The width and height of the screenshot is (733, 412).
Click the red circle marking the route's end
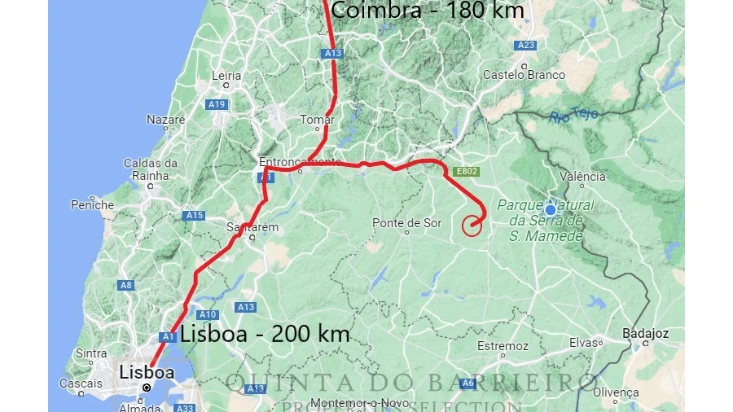click(x=472, y=226)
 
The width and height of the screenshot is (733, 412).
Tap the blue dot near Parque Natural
click(x=550, y=208)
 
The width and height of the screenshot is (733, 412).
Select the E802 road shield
click(x=467, y=172)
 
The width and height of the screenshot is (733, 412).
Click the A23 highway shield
click(x=526, y=46)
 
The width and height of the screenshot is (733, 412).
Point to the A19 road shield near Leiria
click(x=216, y=104)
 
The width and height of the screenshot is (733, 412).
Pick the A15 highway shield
click(x=194, y=216)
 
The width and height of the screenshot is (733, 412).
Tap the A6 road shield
click(x=467, y=383)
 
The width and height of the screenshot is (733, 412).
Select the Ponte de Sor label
click(x=406, y=222)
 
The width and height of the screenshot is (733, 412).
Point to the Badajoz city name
click(x=645, y=333)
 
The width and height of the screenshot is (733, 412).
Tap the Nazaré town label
click(x=166, y=120)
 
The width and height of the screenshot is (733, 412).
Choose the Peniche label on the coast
click(x=92, y=205)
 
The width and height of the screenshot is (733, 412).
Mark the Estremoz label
click(x=503, y=346)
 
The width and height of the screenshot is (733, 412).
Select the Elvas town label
click(x=584, y=343)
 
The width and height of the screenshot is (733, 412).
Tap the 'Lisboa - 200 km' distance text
click(x=265, y=333)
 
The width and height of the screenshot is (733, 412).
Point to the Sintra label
click(x=90, y=353)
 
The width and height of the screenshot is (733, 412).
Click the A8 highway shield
click(x=126, y=285)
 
